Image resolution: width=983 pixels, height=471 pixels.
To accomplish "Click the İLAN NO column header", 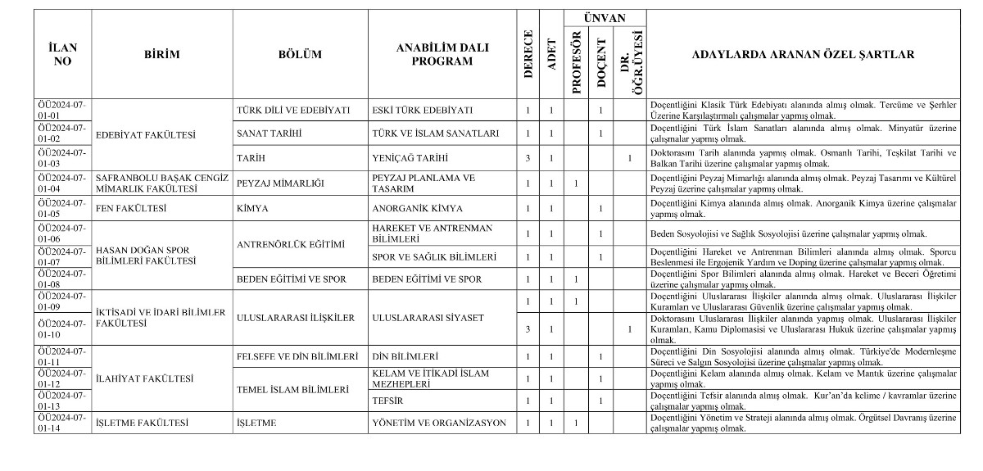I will point(62,55).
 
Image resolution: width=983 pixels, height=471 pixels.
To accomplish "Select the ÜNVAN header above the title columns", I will point(605,18).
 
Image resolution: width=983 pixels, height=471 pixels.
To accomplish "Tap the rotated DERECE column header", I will point(528,55).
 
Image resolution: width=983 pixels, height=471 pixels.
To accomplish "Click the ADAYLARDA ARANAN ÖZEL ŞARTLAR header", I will point(803,55).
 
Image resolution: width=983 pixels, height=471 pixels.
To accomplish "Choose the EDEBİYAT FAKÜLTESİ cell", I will point(136,134).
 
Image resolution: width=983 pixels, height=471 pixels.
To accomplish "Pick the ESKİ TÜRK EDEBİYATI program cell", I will point(422,111).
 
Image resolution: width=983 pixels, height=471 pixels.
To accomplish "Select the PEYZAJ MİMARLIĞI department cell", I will point(279,182).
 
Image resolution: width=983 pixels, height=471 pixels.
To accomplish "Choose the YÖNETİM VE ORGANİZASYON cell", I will point(439,423).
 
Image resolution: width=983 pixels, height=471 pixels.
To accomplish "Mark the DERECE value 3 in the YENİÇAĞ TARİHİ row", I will point(528,157).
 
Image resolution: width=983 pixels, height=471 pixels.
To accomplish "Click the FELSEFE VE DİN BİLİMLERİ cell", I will point(297,357).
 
